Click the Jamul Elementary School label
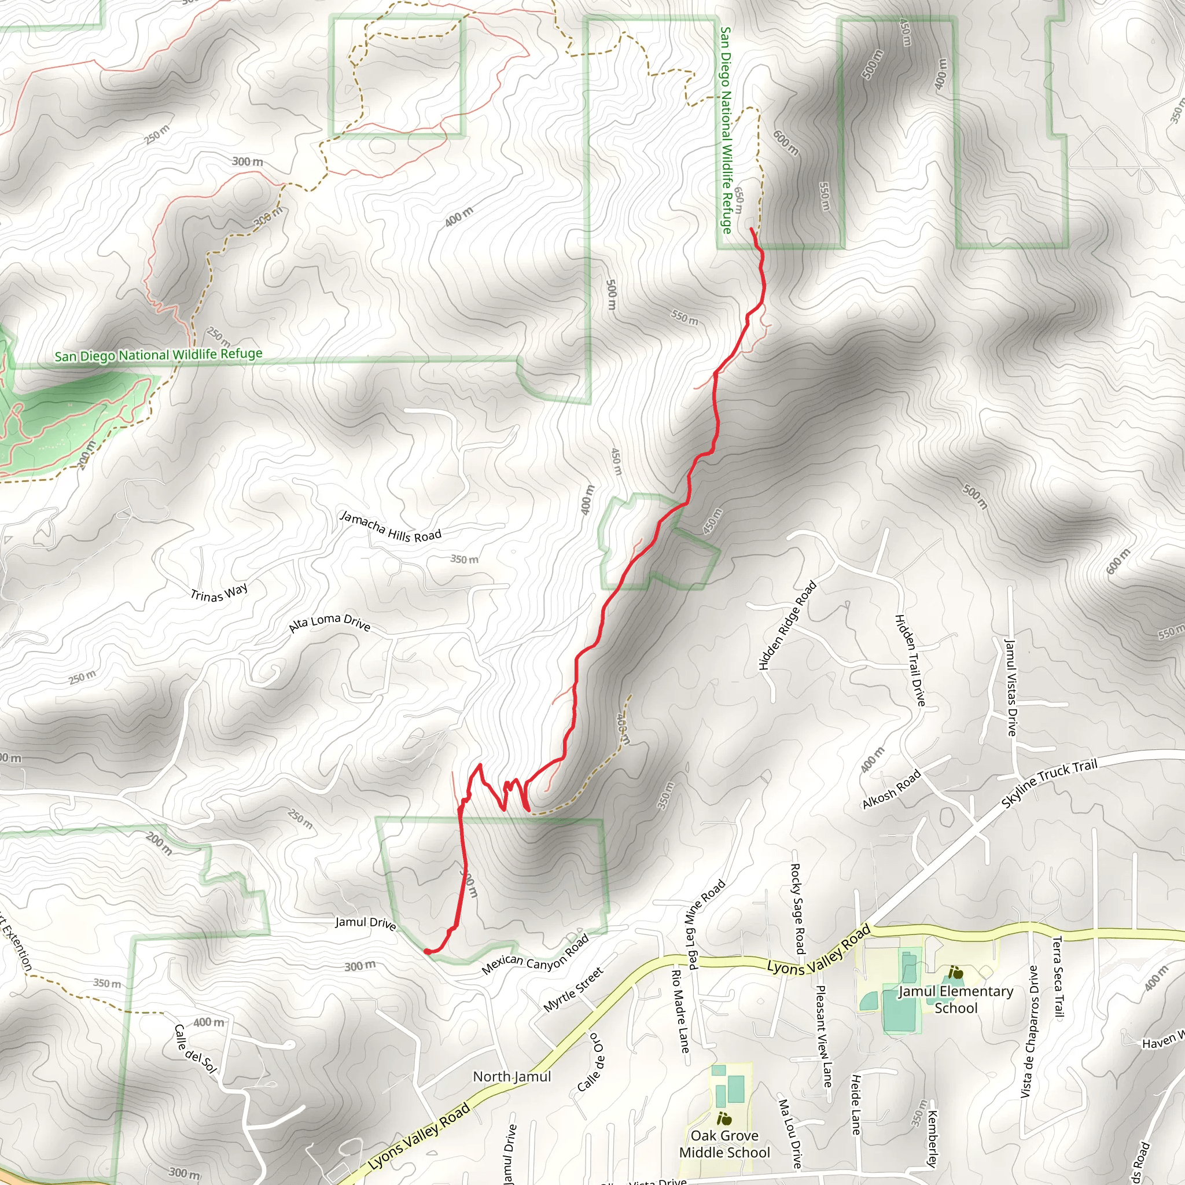[x=956, y=999]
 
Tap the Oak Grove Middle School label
[x=724, y=1144]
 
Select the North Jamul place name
[x=511, y=1076]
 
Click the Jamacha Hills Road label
[x=391, y=527]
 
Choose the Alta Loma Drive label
[x=329, y=623]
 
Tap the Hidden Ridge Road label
[x=787, y=625]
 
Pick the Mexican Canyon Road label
[x=535, y=954]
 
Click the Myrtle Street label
[x=573, y=989]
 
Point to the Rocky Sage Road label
[x=797, y=908]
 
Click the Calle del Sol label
[x=196, y=1049]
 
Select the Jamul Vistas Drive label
[x=1010, y=687]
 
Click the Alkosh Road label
[x=891, y=789]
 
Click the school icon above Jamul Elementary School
[x=955, y=973]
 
